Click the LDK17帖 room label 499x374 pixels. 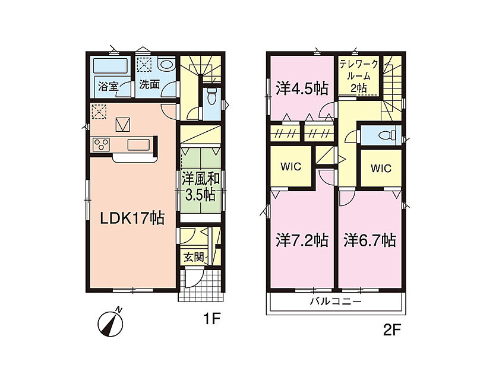coord(132,218)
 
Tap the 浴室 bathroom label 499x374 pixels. coord(108,86)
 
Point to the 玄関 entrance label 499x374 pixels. coord(194,257)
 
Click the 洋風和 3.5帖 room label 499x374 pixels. coord(201,186)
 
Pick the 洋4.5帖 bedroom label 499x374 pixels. coord(302,88)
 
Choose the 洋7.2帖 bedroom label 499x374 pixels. coord(302,240)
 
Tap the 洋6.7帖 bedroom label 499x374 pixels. coord(369,240)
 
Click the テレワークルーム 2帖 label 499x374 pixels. coord(359,77)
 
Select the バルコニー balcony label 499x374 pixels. coord(336,301)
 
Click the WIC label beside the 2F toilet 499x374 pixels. coord(381,168)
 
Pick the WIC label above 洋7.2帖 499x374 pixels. coord(291,166)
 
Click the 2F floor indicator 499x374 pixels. coord(391,331)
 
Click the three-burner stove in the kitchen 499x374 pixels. coord(101,144)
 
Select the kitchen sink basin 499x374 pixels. coord(138,145)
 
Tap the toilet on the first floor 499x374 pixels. coord(211,96)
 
